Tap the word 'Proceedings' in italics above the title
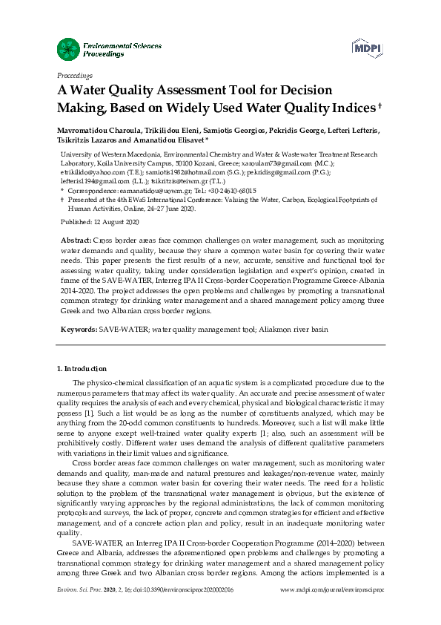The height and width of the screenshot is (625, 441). (x=75, y=75)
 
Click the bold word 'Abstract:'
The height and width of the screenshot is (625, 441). (x=76, y=242)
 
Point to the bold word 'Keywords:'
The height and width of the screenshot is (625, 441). (x=78, y=327)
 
